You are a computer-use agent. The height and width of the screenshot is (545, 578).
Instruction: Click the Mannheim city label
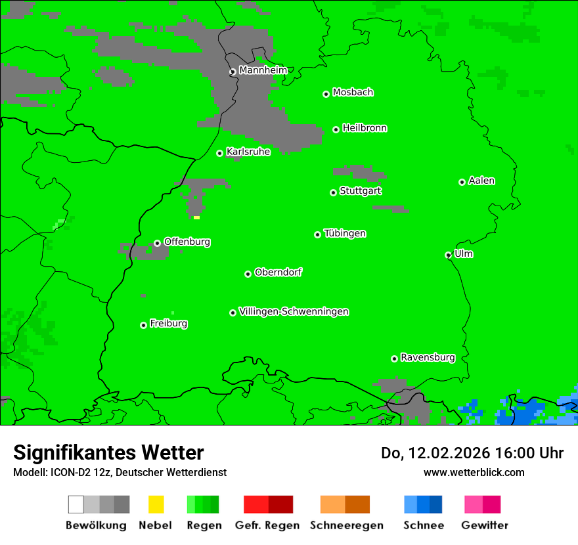tap(263, 70)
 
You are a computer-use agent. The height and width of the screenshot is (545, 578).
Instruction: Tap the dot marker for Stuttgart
tap(333, 192)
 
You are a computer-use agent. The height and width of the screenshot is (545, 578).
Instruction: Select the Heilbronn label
tap(365, 128)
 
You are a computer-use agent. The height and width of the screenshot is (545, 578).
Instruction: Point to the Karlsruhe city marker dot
tap(220, 153)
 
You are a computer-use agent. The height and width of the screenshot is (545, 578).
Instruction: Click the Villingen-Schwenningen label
tap(294, 311)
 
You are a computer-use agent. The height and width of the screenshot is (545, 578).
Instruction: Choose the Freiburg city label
tap(168, 323)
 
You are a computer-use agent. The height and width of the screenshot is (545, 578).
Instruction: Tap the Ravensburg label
tap(428, 357)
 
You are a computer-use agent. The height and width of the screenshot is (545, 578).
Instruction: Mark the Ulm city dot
tap(449, 255)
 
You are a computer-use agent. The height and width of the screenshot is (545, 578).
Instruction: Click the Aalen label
tap(481, 181)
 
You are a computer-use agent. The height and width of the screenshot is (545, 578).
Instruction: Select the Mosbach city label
tap(353, 93)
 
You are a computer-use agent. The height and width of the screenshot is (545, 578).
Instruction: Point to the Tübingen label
tap(345, 233)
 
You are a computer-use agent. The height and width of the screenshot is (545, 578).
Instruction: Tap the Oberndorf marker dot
tap(248, 274)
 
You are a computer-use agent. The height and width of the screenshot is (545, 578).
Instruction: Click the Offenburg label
tap(187, 242)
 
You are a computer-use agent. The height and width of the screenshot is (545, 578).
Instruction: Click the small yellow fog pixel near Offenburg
tap(196, 217)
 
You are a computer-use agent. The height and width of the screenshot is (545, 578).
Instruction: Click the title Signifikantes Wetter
tap(108, 452)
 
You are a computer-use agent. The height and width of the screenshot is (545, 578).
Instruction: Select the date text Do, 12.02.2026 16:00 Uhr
tap(472, 453)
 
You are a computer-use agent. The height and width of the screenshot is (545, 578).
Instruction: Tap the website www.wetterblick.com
tap(474, 472)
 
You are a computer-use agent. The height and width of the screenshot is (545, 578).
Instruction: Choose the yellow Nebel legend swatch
tap(156, 504)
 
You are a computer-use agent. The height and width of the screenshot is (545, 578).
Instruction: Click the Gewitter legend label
tap(484, 525)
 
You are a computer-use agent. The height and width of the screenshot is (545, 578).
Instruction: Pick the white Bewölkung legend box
tap(76, 504)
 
